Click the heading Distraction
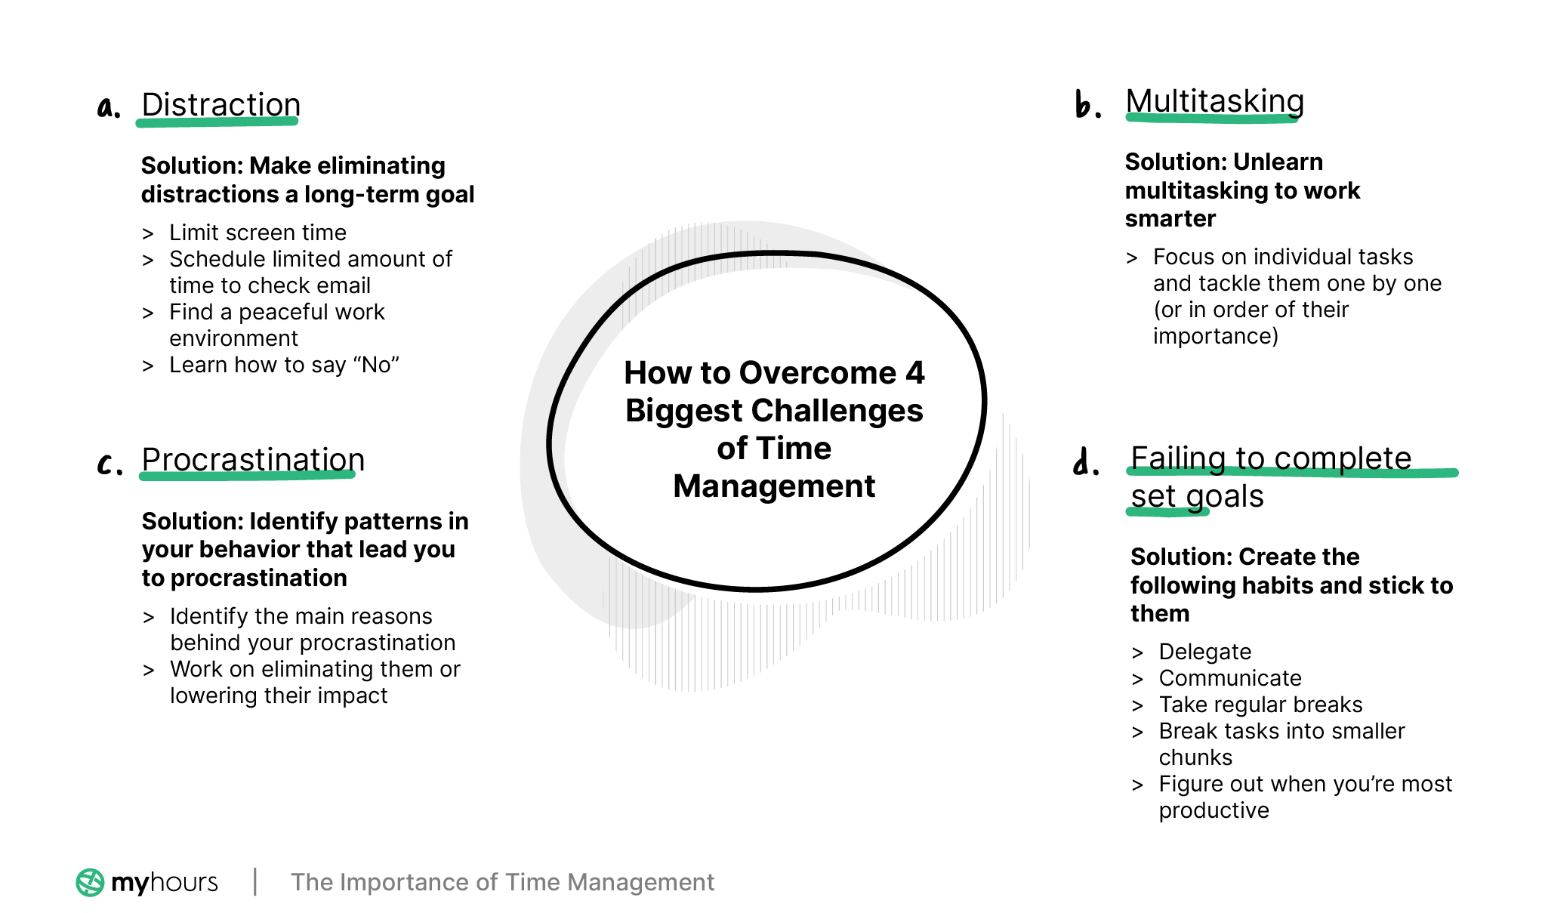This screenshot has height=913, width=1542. click(x=221, y=105)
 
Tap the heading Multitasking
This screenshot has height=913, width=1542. click(x=1214, y=101)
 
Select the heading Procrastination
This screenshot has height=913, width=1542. click(x=253, y=460)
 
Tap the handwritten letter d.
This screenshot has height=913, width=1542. click(x=1084, y=461)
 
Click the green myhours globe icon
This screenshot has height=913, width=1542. click(x=90, y=882)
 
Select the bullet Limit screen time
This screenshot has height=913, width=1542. click(x=258, y=233)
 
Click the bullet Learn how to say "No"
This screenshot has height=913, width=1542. click(x=284, y=365)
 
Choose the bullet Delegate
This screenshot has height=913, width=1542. click(x=1204, y=652)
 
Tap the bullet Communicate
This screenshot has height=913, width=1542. click(x=1230, y=678)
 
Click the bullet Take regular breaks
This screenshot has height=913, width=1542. click(x=1260, y=705)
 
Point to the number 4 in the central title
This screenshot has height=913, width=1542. click(x=914, y=373)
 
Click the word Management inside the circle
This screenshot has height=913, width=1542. click(x=774, y=486)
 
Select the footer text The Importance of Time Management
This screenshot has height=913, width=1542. click(x=502, y=882)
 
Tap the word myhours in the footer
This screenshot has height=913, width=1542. click(x=165, y=882)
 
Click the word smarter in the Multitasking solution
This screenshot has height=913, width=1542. click(x=1170, y=219)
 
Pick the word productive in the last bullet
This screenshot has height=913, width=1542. click(x=1214, y=810)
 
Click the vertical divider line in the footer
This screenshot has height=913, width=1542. click(x=255, y=881)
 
